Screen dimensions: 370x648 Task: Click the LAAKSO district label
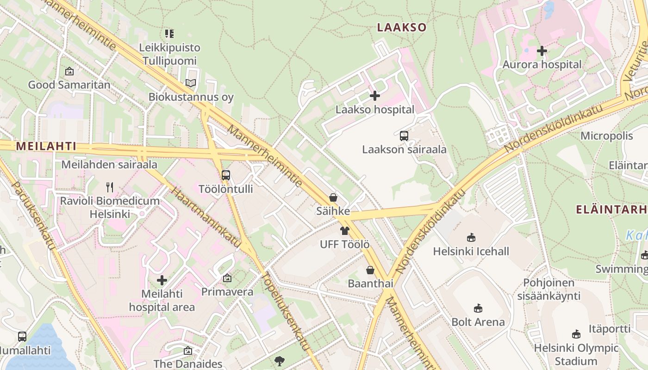[401, 27]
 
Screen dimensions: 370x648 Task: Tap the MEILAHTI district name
[46, 146]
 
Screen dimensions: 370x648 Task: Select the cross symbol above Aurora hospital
[542, 51]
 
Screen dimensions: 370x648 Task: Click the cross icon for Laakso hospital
[375, 96]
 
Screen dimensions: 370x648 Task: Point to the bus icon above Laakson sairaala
[404, 136]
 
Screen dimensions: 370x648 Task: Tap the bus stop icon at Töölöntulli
[226, 175]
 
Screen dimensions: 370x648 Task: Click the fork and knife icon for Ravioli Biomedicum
[110, 187]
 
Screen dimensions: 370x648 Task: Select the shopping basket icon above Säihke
[333, 197]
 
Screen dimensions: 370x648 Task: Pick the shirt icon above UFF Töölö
[344, 231]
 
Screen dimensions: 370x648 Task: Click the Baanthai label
[370, 284]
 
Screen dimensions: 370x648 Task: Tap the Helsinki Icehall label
[471, 252]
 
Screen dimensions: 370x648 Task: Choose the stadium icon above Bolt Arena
[478, 308]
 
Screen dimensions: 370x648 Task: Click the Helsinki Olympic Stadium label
[576, 354]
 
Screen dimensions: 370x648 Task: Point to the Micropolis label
[606, 136]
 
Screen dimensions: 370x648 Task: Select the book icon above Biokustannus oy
[191, 83]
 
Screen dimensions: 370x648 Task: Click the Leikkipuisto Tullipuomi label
[170, 54]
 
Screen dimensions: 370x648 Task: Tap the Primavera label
[227, 292]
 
